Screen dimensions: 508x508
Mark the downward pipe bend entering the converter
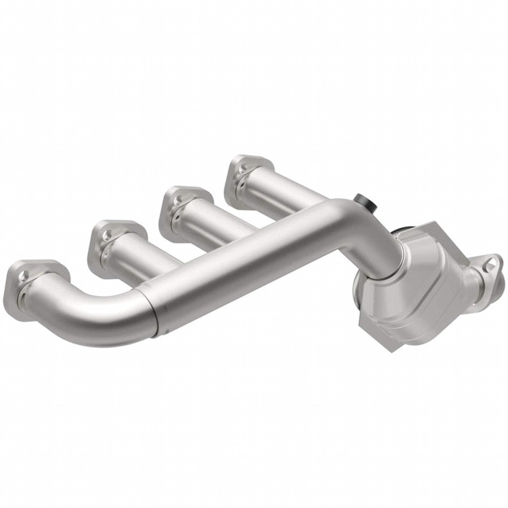[382, 238]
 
